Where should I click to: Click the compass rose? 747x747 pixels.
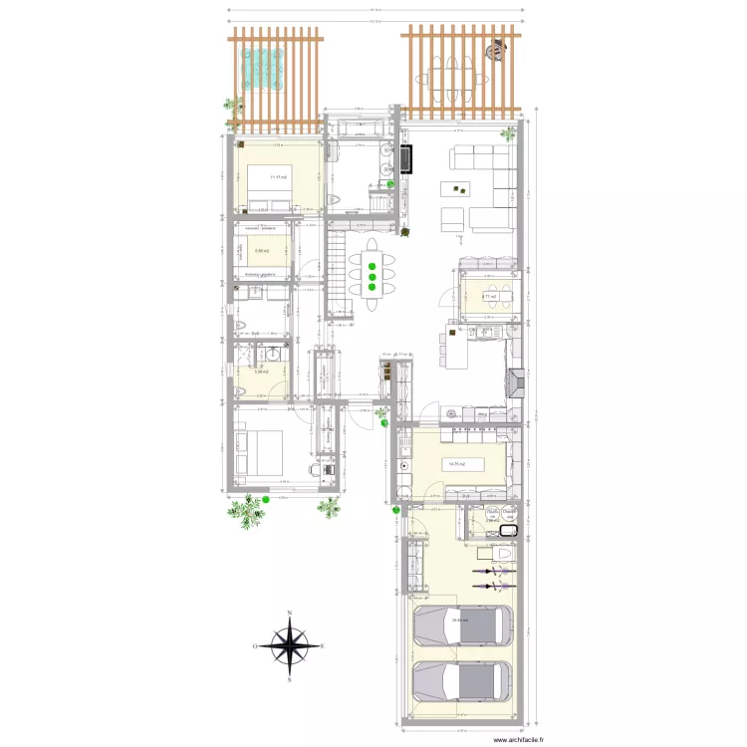[289, 646]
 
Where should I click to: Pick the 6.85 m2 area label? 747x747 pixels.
[263, 251]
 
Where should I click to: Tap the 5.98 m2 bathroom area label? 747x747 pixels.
[263, 373]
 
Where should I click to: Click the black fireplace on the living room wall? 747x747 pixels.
[406, 160]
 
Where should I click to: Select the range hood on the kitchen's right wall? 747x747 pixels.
[513, 383]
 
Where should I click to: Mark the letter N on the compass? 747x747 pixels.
[289, 614]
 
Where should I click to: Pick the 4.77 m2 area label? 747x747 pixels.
[489, 296]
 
